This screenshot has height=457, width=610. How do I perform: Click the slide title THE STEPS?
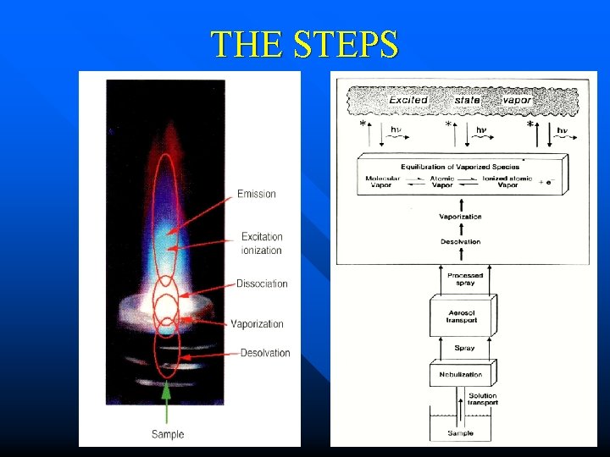304,44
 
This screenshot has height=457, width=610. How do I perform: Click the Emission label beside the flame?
257,194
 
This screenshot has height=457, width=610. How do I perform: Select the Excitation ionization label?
261,244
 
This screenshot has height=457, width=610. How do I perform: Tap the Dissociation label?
262,284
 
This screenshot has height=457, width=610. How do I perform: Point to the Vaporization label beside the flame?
257,324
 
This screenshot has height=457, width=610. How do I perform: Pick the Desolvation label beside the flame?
265,353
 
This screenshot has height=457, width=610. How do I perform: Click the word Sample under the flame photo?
168,434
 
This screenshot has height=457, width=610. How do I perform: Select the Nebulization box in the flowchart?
461,373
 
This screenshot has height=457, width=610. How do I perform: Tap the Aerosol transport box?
461,317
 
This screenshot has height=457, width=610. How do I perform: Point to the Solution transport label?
482,399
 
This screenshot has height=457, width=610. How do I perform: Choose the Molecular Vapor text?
382,181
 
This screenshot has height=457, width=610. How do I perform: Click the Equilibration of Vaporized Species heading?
461,167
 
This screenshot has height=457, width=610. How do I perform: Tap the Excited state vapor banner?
461,100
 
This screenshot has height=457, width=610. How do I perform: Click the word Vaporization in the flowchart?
461,217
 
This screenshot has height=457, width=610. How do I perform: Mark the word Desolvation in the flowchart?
461,242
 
